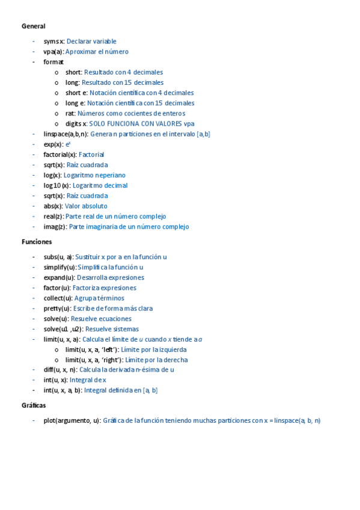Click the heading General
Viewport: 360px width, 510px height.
[33, 26]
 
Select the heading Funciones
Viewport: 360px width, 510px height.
[37, 242]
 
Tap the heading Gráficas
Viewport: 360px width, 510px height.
[34, 405]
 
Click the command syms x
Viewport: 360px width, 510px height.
[53, 41]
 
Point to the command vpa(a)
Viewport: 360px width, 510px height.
[53, 52]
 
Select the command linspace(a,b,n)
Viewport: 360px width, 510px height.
[66, 134]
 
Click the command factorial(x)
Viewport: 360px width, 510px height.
[60, 155]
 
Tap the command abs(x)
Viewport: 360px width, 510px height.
[53, 206]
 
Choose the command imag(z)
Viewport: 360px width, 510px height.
[55, 227]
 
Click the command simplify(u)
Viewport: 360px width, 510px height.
[59, 267]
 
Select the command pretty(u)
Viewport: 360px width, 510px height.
[56, 309]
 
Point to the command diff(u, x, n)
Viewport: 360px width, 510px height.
[60, 370]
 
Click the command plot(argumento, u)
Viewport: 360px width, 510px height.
[72, 420]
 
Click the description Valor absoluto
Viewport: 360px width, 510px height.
[86, 206]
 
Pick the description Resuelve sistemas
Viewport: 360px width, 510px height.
[112, 329]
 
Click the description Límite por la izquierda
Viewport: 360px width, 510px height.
[153, 349]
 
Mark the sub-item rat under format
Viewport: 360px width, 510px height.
[70, 113]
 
